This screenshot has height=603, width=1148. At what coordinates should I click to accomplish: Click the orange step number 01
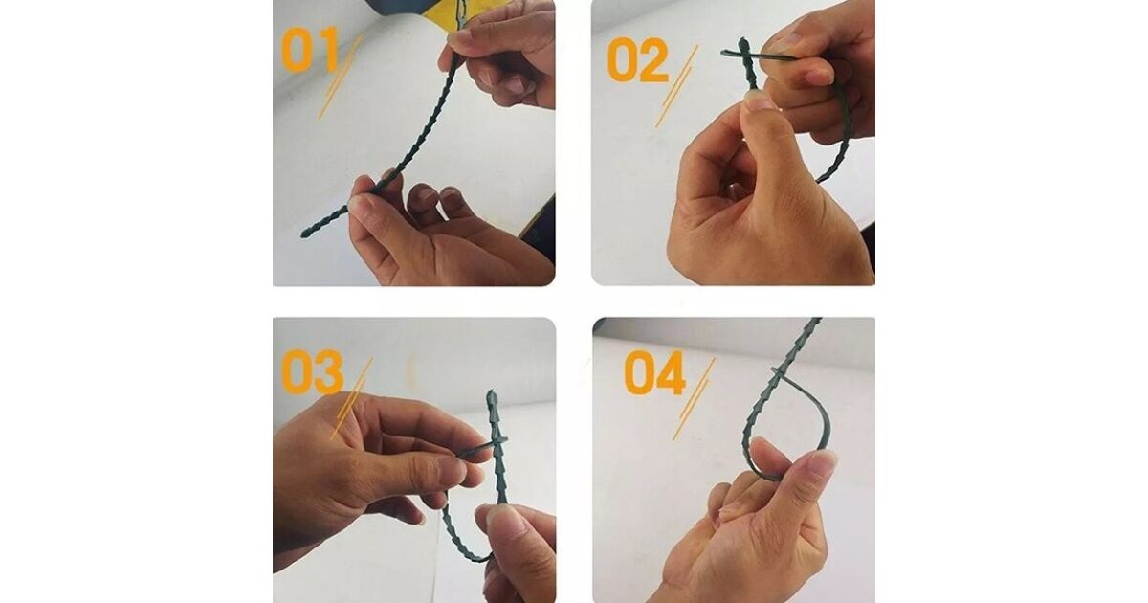[x=311, y=50]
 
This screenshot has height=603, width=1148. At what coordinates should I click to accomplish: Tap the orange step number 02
[x=638, y=60]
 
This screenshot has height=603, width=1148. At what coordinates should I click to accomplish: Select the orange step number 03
[x=312, y=371]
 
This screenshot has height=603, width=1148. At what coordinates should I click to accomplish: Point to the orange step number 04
[x=655, y=372]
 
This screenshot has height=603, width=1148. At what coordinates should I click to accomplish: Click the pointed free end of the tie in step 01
[x=304, y=234]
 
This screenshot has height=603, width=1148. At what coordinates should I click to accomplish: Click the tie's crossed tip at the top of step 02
[x=742, y=53]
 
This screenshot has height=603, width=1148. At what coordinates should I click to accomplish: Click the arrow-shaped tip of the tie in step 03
[x=492, y=396]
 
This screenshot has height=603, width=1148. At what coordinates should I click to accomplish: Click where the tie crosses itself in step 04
[x=779, y=374]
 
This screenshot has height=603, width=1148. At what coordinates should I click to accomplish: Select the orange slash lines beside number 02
[x=676, y=86]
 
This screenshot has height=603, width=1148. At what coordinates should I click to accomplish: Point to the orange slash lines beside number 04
[x=694, y=398]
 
